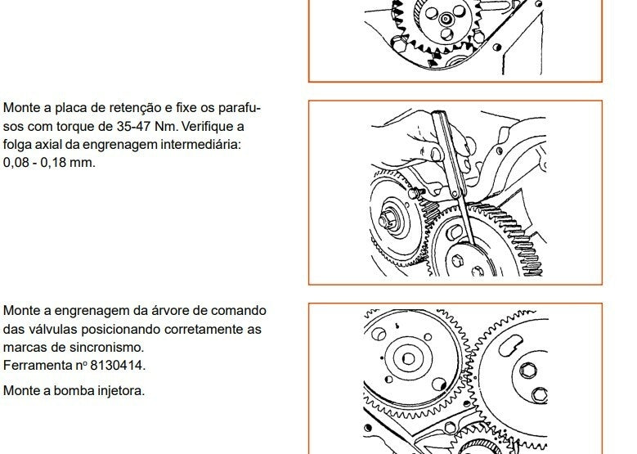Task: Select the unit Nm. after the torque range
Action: point(167,127)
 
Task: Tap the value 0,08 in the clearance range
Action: point(16,163)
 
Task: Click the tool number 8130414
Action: point(118,366)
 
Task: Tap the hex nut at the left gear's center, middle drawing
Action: point(385,221)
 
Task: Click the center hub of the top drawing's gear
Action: point(446,19)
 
